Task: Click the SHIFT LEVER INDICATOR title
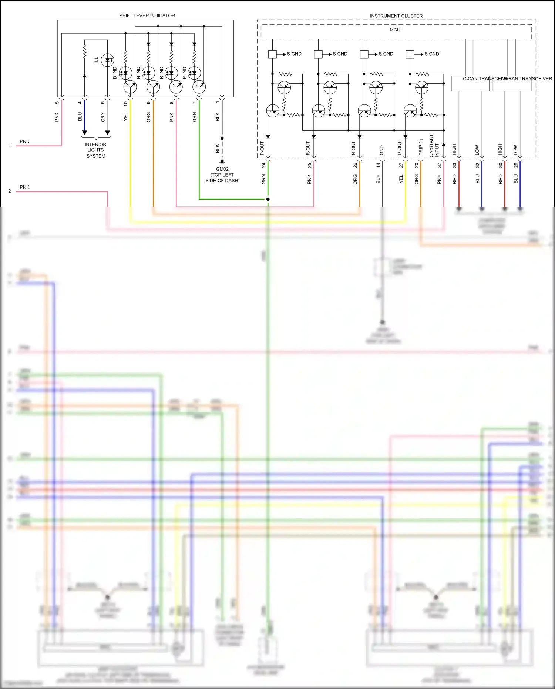(x=147, y=16)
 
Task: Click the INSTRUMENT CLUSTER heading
(x=396, y=16)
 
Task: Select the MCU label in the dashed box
(x=395, y=30)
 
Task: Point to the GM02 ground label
(x=222, y=169)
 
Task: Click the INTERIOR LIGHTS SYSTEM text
(x=95, y=150)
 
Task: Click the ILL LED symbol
(x=108, y=60)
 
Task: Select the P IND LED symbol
(x=194, y=73)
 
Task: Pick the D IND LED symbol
(x=125, y=73)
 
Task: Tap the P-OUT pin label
(x=262, y=148)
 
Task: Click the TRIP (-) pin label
(x=421, y=147)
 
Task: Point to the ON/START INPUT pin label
(x=434, y=145)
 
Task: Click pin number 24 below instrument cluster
(x=263, y=165)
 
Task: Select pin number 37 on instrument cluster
(x=439, y=165)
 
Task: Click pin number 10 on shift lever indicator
(x=125, y=103)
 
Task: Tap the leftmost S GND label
(x=294, y=54)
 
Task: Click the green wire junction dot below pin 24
(x=268, y=199)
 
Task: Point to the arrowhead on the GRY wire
(x=108, y=133)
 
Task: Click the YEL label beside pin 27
(x=401, y=179)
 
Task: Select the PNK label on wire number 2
(x=24, y=187)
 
